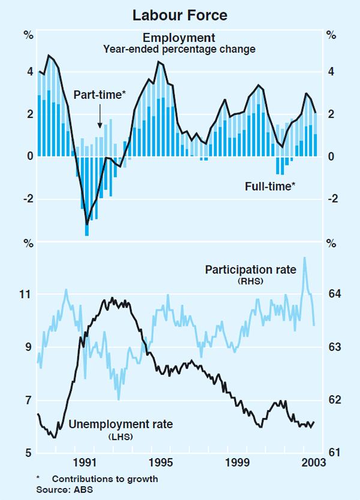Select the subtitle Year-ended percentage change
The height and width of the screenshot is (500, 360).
(179, 49)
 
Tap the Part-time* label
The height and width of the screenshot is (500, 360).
(99, 95)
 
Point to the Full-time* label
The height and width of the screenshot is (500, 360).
(270, 186)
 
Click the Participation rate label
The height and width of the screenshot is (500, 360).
(251, 270)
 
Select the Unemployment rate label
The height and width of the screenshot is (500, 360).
(121, 424)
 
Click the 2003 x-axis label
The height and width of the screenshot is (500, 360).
(313, 463)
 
